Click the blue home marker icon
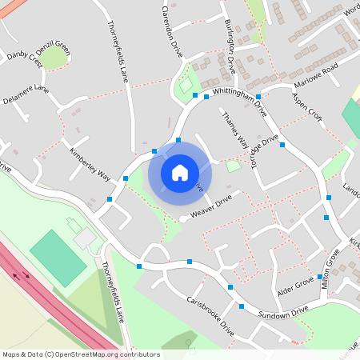(x=180, y=172)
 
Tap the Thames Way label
(x=234, y=129)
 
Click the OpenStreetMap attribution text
(x=80, y=354)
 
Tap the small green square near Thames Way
(x=233, y=166)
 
